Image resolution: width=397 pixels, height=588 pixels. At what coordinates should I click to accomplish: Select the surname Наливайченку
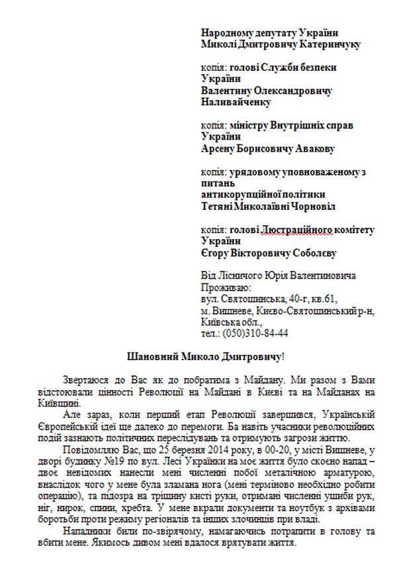pyautogui.click(x=236, y=103)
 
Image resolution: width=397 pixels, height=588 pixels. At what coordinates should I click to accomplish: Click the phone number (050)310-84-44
pyautogui.click(x=255, y=333)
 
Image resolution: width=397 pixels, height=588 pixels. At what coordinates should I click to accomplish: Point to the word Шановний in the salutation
pyautogui.click(x=152, y=357)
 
